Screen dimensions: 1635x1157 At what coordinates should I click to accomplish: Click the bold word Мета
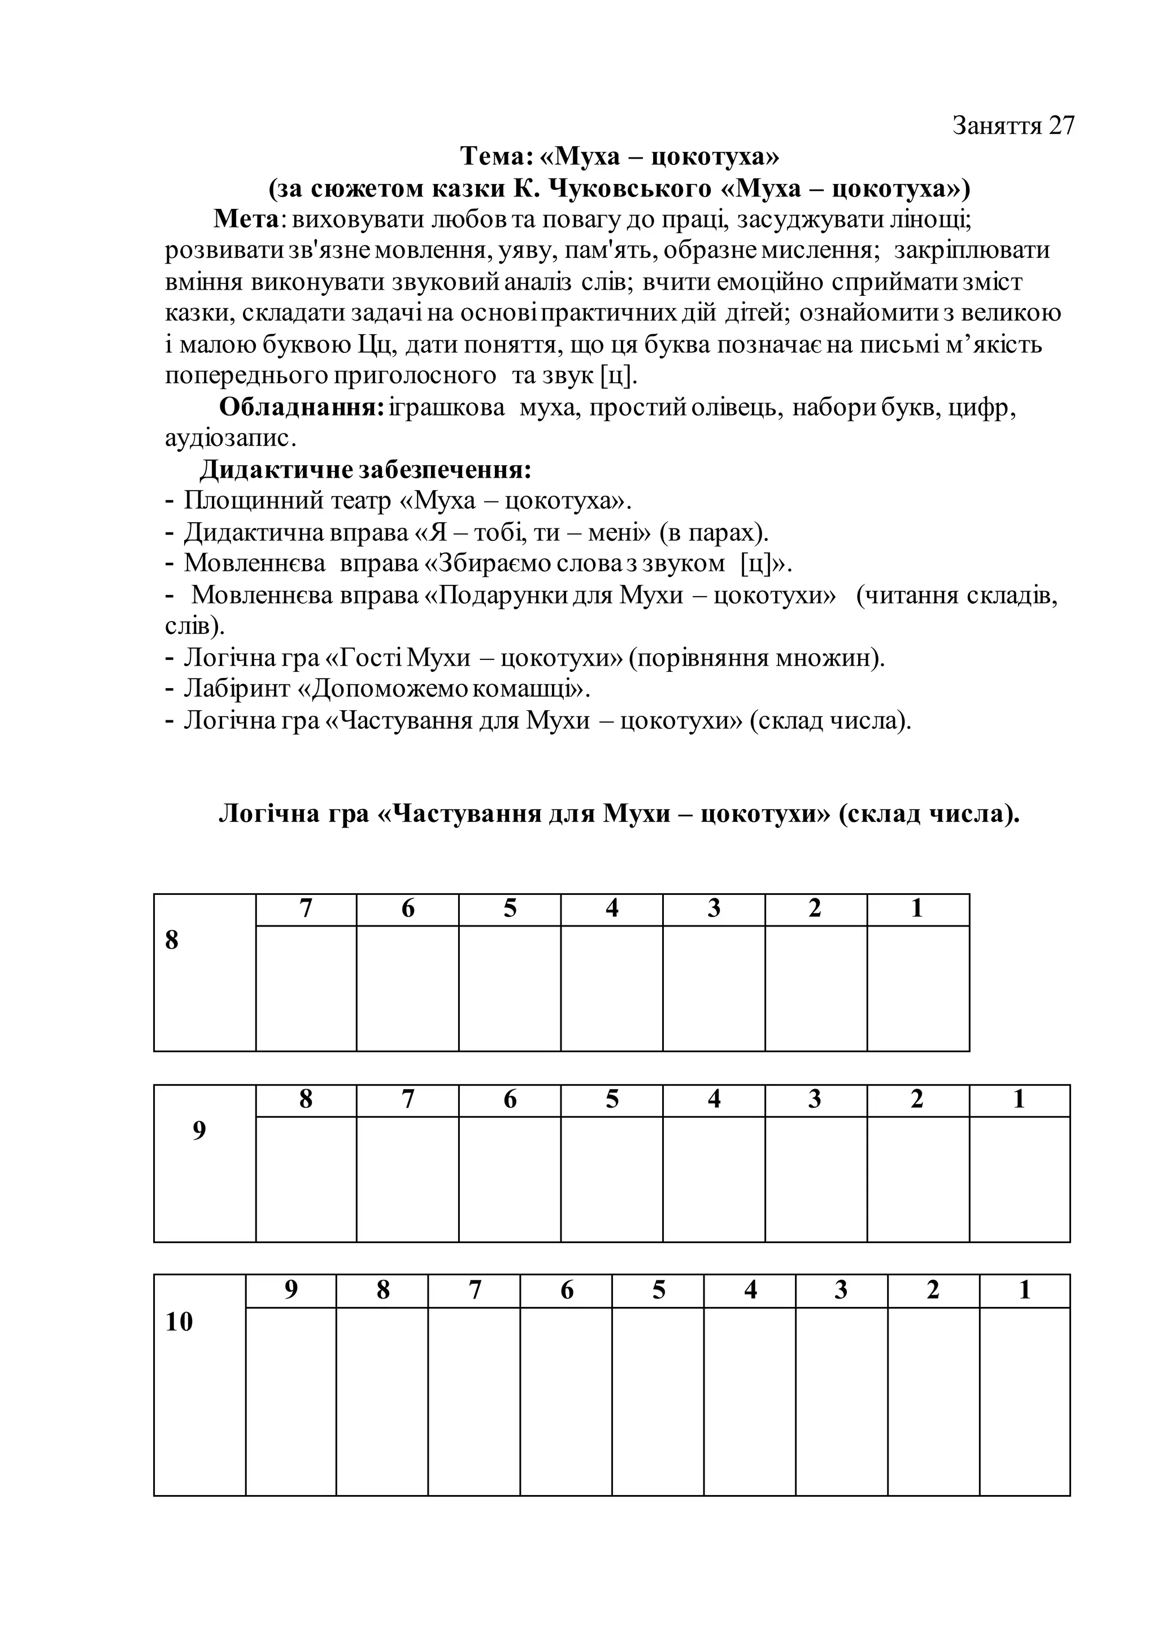(x=246, y=218)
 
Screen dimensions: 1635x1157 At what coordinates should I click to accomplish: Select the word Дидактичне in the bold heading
(x=273, y=470)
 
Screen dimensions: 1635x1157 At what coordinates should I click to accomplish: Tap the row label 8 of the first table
(x=172, y=941)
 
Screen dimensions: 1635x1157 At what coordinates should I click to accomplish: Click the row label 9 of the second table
(x=199, y=1131)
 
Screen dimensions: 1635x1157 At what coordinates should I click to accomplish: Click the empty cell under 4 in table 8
(x=611, y=989)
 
